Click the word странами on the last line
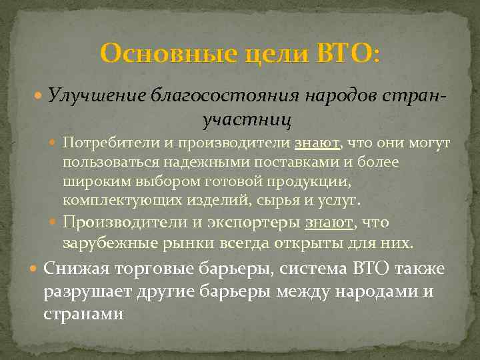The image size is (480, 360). pyautogui.click(x=83, y=313)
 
